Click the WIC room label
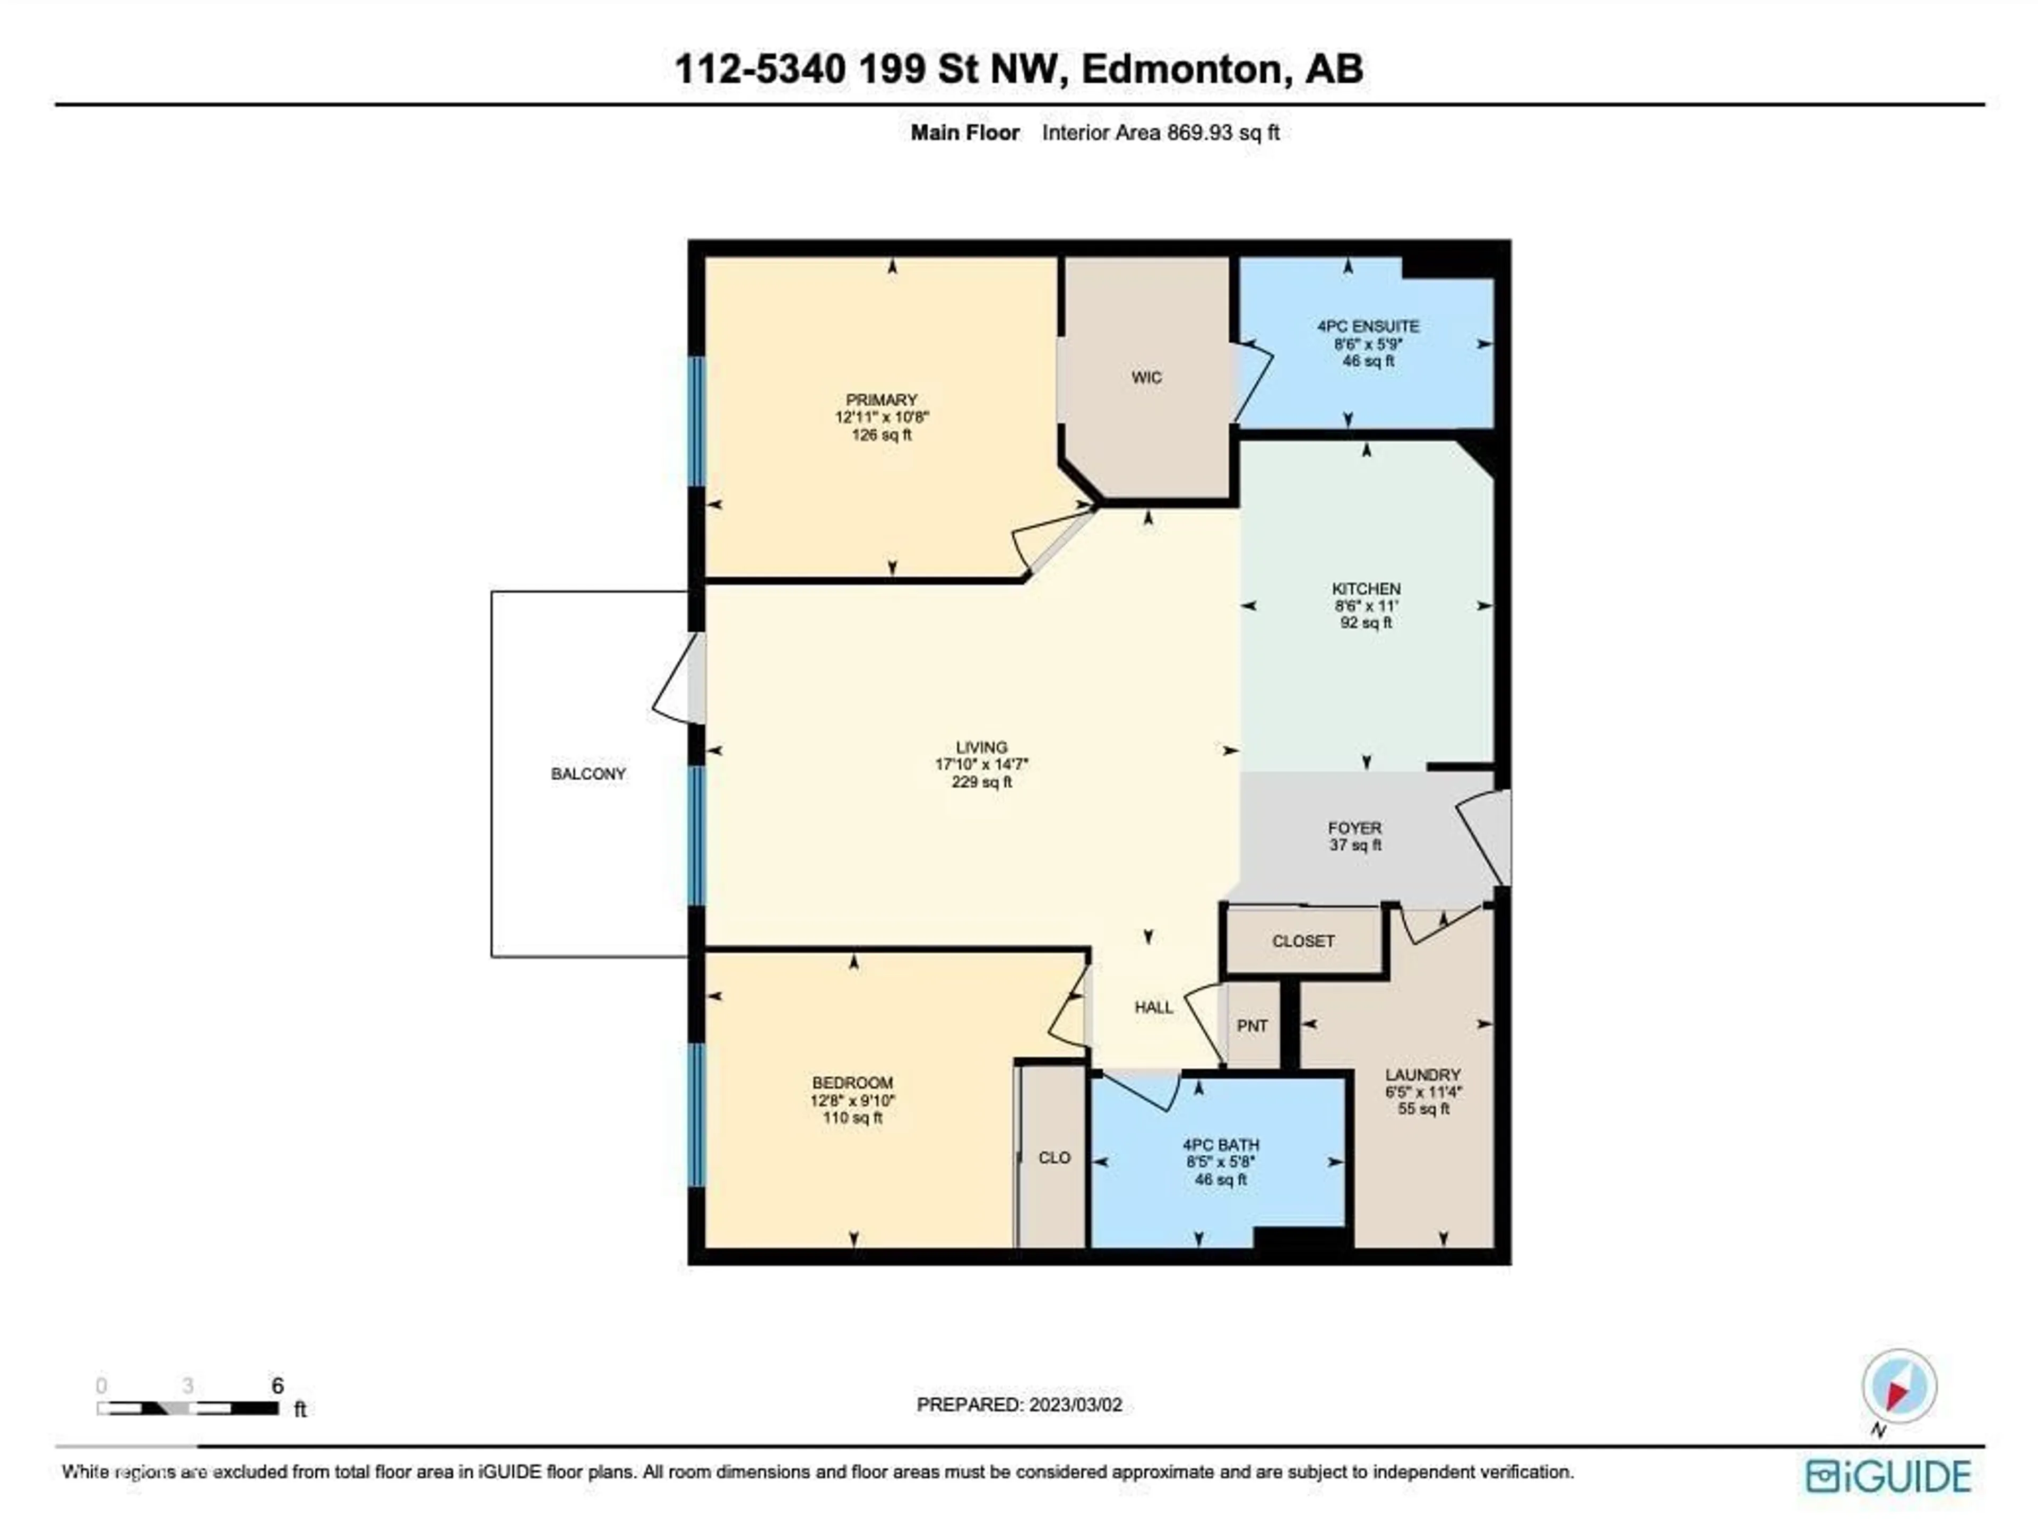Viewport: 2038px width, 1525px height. click(x=1146, y=378)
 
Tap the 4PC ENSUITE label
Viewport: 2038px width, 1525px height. click(x=1367, y=326)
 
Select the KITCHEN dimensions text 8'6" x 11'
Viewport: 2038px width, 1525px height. click(x=1366, y=606)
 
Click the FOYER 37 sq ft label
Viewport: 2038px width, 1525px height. click(x=1354, y=836)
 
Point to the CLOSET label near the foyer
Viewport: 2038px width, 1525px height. click(x=1303, y=941)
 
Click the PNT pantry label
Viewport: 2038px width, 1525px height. click(x=1252, y=1026)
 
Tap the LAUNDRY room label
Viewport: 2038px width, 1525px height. click(x=1422, y=1075)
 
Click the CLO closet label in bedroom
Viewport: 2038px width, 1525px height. click(x=1054, y=1157)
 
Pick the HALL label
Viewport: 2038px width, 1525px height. click(x=1153, y=1007)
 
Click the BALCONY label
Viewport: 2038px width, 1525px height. click(x=588, y=773)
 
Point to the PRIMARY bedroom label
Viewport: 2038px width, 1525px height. click(x=882, y=399)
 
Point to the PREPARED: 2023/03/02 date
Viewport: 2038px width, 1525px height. click(x=1019, y=1405)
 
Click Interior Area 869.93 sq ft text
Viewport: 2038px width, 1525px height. click(x=1160, y=133)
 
